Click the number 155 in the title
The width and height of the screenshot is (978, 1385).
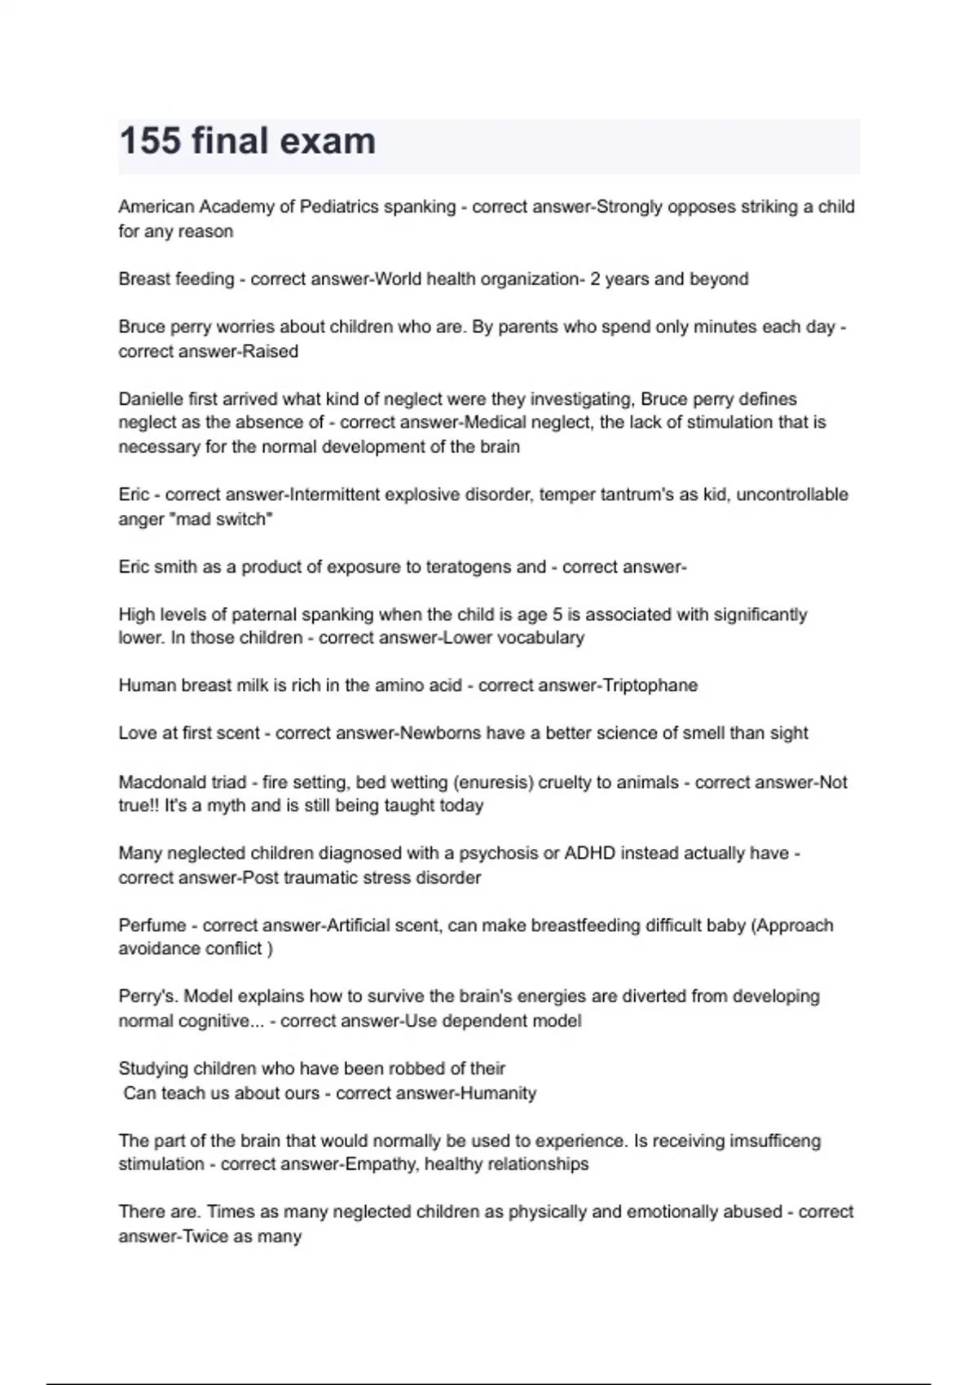pos(150,141)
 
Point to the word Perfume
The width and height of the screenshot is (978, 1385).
pos(152,926)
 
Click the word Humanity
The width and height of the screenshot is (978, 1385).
pos(498,1093)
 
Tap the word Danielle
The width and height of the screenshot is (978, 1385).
pos(151,399)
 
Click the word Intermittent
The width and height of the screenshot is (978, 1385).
pos(336,495)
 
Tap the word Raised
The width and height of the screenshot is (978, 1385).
pos(271,351)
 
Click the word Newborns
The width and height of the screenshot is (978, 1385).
pos(438,733)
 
